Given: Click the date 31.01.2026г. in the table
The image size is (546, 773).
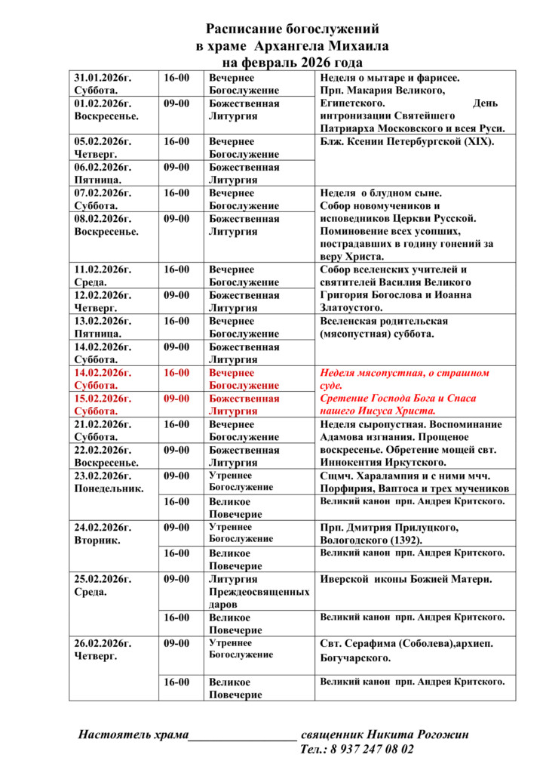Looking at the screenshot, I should tap(103, 78).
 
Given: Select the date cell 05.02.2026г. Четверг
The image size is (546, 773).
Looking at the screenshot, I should tap(103, 148).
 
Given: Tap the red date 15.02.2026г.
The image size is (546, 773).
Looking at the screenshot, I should tap(103, 399).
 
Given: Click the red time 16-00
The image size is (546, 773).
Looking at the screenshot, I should tap(177, 373).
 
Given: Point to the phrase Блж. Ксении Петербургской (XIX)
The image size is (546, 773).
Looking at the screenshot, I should tap(406, 142).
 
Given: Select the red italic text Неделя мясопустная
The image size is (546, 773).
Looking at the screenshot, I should tap(370, 373).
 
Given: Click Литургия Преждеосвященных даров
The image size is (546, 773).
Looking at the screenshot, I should tap(259, 592).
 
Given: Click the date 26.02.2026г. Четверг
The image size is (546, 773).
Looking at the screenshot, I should tap(103, 650).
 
